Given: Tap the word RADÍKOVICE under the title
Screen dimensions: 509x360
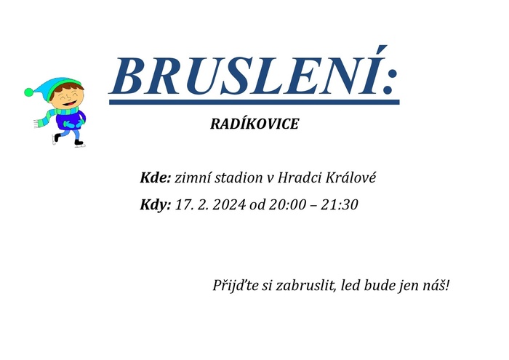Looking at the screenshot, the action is click(x=254, y=124).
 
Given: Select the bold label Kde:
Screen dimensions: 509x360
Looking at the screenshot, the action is click(x=155, y=177).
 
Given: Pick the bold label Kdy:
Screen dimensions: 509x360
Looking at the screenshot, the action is click(x=155, y=205).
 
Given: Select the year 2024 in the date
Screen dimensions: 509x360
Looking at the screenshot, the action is click(x=229, y=205).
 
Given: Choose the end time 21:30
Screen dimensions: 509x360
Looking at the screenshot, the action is click(x=340, y=205).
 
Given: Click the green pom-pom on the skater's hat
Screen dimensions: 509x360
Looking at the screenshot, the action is click(x=29, y=92).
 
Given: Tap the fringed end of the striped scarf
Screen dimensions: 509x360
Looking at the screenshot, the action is click(x=36, y=124).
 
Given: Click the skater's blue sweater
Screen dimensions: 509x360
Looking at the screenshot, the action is click(x=70, y=119).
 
